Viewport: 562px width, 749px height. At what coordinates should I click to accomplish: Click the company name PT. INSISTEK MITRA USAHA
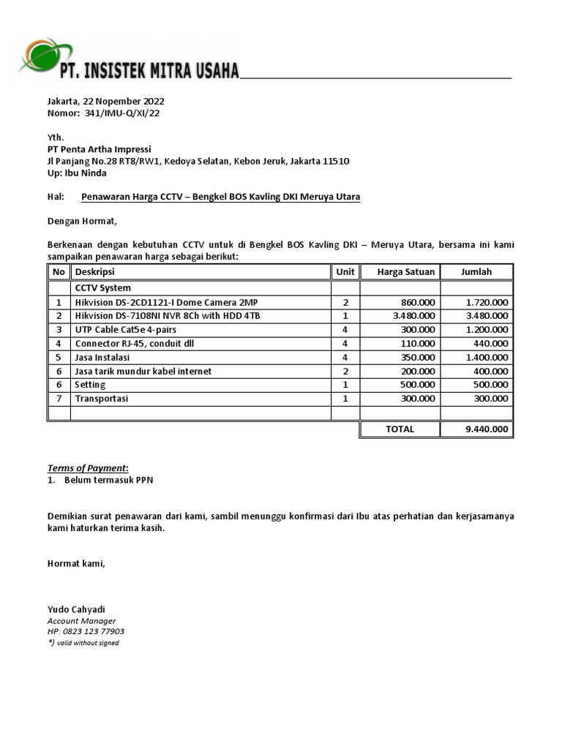coord(149,71)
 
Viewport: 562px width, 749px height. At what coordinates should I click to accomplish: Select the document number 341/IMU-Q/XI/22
coord(122,113)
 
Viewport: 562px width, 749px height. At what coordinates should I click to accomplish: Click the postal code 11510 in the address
coord(335,161)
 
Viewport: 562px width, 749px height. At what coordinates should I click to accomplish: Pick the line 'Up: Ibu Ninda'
coord(77,173)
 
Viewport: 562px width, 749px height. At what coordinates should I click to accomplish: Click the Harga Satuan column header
coord(405,272)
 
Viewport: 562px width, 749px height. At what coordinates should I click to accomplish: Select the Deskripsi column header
coord(95,272)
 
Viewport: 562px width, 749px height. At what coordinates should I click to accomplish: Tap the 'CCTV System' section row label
coord(103,288)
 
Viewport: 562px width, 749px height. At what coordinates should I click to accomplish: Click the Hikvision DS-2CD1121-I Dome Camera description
coord(165,302)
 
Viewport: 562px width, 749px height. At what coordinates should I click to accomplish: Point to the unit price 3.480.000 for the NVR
coord(413,316)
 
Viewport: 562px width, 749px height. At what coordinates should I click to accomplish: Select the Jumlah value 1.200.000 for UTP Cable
coord(487,330)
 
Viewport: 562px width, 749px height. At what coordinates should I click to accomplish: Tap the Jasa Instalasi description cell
coord(102,358)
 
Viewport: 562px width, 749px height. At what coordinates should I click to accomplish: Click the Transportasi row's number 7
coord(59,399)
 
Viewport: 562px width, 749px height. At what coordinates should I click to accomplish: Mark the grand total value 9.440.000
coord(487,430)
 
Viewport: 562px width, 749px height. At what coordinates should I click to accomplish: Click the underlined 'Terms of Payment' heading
coord(87,468)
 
